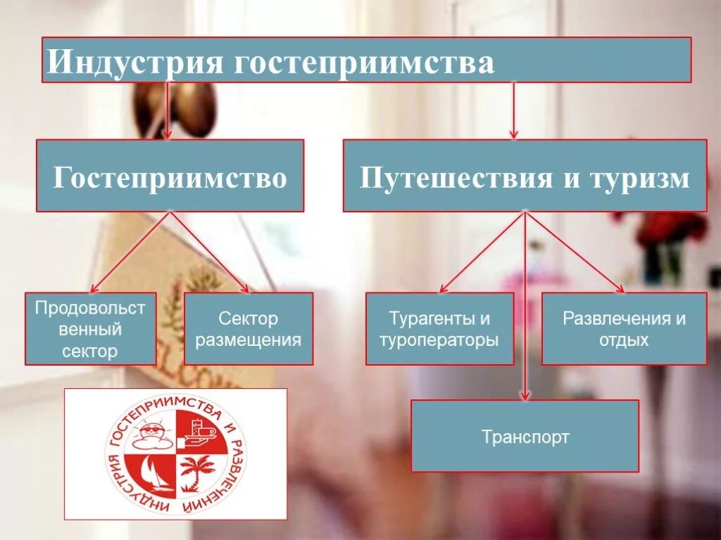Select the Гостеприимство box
(x=170, y=176)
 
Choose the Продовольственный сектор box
(x=90, y=329)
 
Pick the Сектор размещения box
(x=248, y=329)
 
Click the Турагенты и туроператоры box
(x=439, y=329)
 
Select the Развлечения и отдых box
(x=624, y=329)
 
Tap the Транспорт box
(x=525, y=436)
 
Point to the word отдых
(x=624, y=340)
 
